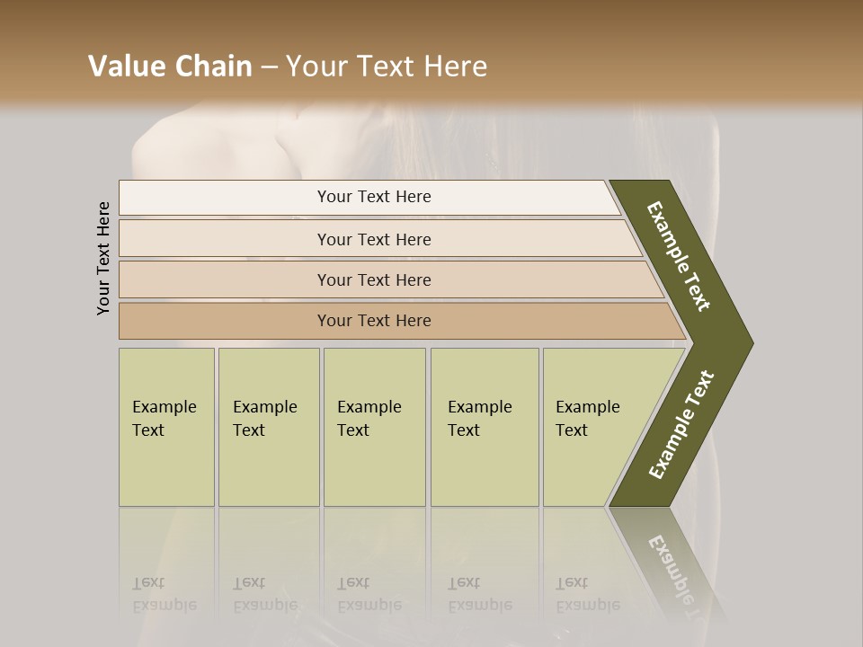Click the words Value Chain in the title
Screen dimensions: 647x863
170,66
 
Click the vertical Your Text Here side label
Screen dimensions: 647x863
103,258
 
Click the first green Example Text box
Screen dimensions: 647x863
166,427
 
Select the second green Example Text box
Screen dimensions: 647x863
269,427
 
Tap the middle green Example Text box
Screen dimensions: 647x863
374,427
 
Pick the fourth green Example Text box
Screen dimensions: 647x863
485,427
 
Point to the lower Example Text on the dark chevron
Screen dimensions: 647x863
681,424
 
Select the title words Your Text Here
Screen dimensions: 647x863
387,66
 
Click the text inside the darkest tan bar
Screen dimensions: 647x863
374,321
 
